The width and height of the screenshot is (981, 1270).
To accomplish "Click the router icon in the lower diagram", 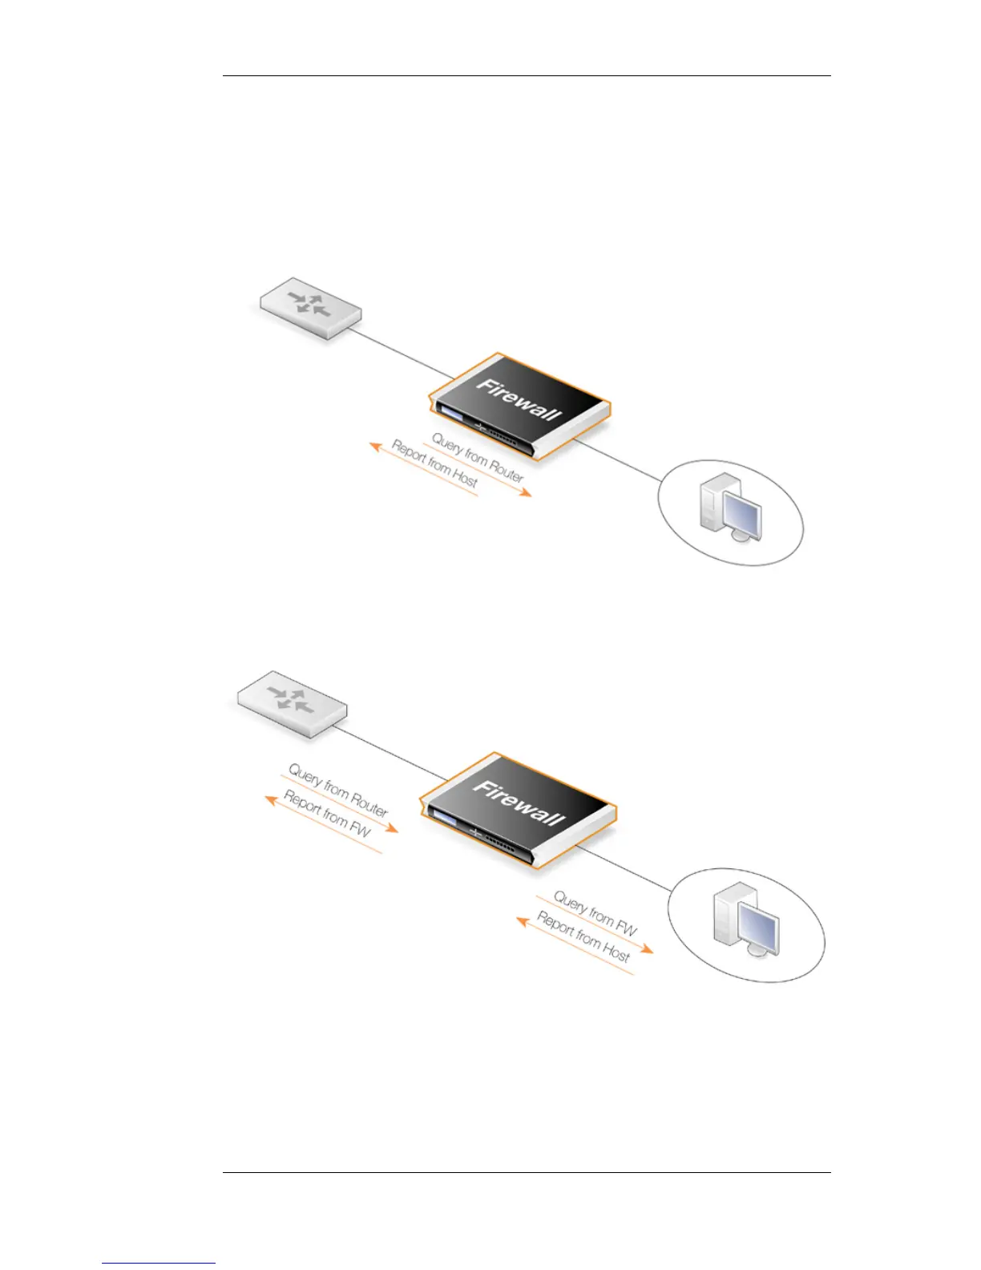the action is [x=293, y=702].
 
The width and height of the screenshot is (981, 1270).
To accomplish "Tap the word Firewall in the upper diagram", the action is [x=519, y=399].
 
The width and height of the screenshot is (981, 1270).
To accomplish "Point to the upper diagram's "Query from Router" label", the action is [x=478, y=458].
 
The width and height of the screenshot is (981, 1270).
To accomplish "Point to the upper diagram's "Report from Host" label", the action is [x=434, y=463].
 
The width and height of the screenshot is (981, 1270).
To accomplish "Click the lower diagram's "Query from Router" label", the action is [x=338, y=791].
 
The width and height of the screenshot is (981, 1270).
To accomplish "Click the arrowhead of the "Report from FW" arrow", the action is [x=270, y=798].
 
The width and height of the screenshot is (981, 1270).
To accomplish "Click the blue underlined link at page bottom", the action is [x=159, y=1263].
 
